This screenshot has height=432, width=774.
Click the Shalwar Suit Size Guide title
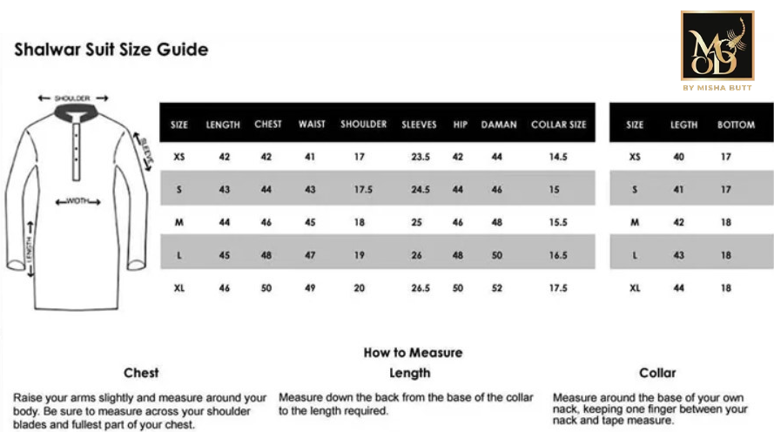[x=111, y=50]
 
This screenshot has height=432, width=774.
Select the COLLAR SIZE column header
[x=558, y=125]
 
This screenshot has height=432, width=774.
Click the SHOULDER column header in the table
[x=363, y=125]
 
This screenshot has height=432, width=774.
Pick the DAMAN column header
[x=499, y=125]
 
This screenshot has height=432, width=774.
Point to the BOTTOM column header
[x=736, y=125]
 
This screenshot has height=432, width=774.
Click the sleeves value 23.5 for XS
[x=421, y=158]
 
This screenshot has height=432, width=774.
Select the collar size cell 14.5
[x=558, y=158]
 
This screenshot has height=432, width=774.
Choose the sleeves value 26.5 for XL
[x=421, y=288]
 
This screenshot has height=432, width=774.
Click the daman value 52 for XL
[x=497, y=288]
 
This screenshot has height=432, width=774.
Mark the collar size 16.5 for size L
[x=558, y=256]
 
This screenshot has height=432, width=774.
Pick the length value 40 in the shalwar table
[x=679, y=158]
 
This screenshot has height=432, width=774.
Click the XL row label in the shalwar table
[x=635, y=288]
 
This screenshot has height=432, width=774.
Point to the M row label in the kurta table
[x=179, y=223]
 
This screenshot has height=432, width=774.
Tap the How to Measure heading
[x=413, y=353]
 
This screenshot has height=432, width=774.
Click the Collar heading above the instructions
[x=657, y=373]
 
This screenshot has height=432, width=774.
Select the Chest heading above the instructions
[x=141, y=373]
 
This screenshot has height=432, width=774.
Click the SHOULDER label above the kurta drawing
[x=72, y=99]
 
